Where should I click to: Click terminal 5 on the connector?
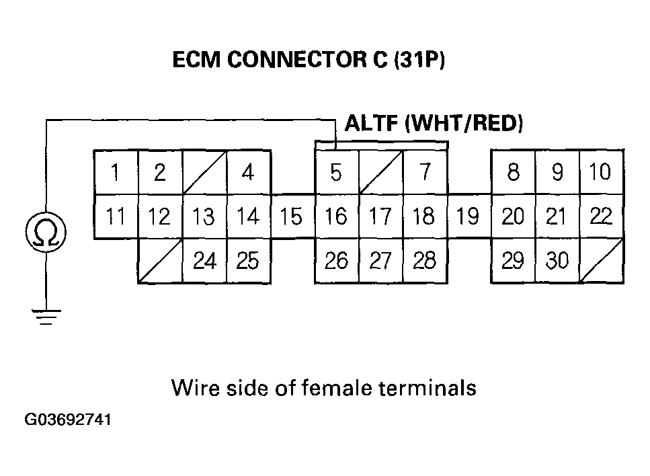(x=336, y=173)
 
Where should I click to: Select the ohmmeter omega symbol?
(x=45, y=232)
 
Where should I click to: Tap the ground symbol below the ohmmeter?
(x=45, y=316)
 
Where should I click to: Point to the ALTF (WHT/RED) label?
(x=434, y=124)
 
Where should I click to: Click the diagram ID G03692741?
(x=68, y=420)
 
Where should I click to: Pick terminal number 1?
(x=116, y=173)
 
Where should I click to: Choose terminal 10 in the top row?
(x=600, y=173)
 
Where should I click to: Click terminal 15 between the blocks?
(x=292, y=216)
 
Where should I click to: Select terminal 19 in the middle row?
(x=468, y=216)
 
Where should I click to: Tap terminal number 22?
(x=600, y=216)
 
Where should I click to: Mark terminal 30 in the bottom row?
(x=557, y=261)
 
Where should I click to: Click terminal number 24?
(x=204, y=261)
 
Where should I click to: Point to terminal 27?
(x=380, y=261)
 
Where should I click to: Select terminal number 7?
(x=425, y=173)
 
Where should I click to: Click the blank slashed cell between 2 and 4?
(x=204, y=173)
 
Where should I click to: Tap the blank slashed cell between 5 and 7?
(x=380, y=173)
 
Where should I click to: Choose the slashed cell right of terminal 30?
(x=600, y=261)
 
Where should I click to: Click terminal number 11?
(x=116, y=216)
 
